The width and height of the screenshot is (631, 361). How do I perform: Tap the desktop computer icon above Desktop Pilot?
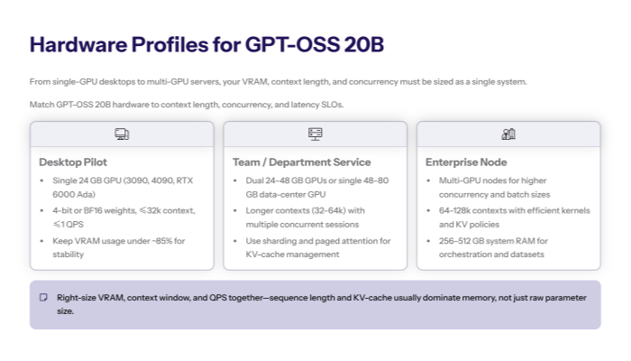click(122, 134)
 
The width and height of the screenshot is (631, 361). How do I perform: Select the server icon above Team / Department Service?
click(315, 134)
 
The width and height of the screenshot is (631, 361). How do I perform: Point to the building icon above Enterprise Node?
click(508, 134)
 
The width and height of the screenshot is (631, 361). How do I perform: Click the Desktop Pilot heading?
click(74, 162)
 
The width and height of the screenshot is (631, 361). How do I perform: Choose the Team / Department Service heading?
click(301, 162)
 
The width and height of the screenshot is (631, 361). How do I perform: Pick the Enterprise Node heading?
click(466, 162)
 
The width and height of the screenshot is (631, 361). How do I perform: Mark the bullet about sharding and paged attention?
click(316, 247)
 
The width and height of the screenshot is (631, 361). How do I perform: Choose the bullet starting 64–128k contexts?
click(512, 217)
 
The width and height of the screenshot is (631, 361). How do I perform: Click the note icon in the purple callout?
click(42, 297)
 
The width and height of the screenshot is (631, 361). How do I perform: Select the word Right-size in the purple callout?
click(75, 297)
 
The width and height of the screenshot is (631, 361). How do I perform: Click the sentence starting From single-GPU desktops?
click(278, 82)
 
